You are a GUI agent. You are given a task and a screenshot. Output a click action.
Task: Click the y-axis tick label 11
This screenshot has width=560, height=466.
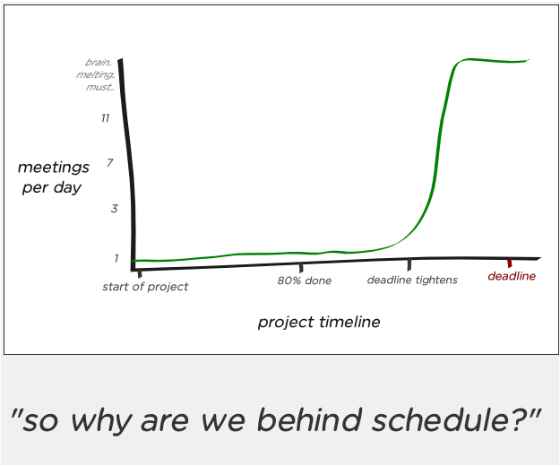[105, 117]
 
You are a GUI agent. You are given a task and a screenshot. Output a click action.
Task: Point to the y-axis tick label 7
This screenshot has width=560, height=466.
[109, 163]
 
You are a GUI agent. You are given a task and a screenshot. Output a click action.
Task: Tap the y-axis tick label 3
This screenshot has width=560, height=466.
[114, 208]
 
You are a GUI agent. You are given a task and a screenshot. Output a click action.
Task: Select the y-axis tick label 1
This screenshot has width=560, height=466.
[116, 258]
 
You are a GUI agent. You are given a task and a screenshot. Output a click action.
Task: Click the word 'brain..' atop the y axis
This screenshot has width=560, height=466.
[99, 62]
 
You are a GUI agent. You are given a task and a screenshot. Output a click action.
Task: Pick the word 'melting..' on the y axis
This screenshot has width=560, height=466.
[95, 74]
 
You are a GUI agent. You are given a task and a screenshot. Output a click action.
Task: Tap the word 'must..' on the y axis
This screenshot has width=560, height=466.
[100, 87]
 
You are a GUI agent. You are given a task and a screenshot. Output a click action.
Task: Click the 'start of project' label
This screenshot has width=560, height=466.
[145, 287]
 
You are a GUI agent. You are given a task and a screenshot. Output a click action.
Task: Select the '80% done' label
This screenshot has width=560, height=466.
[305, 280]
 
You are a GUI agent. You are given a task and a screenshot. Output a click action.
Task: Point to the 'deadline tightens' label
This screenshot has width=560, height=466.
[412, 280]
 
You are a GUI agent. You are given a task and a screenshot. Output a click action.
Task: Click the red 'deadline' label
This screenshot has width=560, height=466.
[512, 276]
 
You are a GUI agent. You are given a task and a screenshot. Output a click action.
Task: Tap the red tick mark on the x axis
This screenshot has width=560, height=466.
[510, 263]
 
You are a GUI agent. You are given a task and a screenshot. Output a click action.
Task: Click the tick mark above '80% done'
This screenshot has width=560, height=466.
[301, 267]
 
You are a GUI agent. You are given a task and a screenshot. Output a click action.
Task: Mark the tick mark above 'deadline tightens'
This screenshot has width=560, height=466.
[409, 264]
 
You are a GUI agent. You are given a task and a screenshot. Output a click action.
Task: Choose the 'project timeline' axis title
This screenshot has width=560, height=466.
[319, 322]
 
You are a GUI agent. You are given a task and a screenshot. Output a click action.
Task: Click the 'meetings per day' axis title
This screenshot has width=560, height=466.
[53, 177]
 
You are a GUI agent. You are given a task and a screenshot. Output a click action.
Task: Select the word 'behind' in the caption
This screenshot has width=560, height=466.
[309, 420]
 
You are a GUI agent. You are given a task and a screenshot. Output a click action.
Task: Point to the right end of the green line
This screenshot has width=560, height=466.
[529, 60]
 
